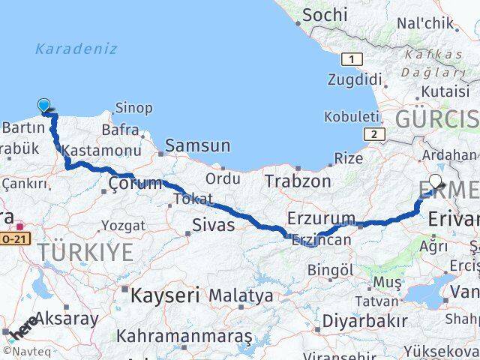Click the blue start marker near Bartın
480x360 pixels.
tap(44, 107)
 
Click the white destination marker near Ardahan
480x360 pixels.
tap(436, 182)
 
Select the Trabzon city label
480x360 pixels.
tap(297, 181)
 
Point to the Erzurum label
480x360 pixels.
tap(321, 218)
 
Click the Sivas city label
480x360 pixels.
tap(214, 224)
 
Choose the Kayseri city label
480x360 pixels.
tap(165, 295)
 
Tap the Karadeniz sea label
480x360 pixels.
tap(76, 49)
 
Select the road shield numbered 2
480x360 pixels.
tap(372, 134)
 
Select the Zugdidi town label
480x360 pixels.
tap(355, 79)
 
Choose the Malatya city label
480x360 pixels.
tap(241, 295)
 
